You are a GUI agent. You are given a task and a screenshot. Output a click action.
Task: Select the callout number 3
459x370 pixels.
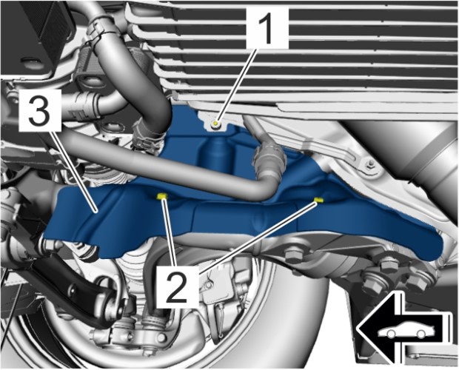click(39, 110)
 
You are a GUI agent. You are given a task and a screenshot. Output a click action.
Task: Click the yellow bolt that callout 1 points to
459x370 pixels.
click(215, 124)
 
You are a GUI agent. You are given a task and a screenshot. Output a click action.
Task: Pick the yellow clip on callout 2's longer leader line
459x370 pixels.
click(318, 200)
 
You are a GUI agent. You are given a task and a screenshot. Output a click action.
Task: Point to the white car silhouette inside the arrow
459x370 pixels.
click(406, 329)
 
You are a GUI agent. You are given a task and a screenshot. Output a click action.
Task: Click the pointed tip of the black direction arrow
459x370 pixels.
click(357, 329)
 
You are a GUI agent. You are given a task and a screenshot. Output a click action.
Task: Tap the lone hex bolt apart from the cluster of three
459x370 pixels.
click(294, 254)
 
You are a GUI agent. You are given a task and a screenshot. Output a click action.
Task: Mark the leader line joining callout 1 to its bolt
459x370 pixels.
click(236, 86)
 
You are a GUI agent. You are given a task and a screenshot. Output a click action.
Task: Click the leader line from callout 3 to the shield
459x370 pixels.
click(73, 170)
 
